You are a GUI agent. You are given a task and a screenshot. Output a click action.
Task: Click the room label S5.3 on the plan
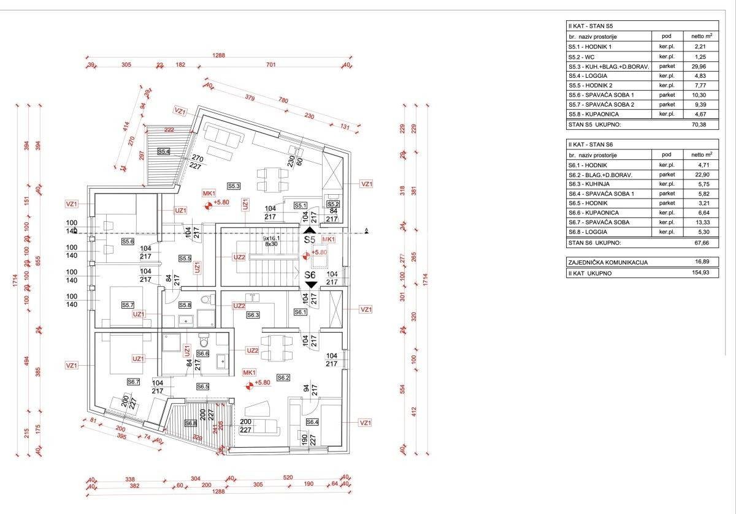234,185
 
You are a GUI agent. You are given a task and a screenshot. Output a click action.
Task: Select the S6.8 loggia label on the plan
190,423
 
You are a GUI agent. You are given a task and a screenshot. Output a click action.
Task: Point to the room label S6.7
134,382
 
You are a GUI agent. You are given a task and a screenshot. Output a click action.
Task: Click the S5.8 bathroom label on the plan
185,304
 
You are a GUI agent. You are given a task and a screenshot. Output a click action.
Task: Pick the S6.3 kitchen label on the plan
253,315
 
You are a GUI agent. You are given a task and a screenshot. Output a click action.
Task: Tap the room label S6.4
313,421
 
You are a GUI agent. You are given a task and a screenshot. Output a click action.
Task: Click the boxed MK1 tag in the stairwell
329,239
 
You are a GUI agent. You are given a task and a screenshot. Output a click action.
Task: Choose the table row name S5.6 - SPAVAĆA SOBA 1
601,95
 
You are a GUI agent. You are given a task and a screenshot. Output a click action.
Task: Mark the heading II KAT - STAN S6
591,145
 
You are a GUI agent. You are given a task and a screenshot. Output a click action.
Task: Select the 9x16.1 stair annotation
272,237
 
